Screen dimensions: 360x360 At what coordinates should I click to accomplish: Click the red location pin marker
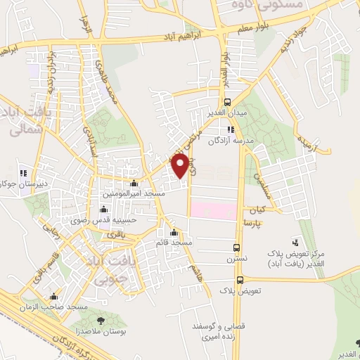point(180,165)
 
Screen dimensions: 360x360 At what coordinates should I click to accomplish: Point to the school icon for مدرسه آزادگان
point(231,129)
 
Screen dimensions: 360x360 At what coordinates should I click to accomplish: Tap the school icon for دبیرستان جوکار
point(24,172)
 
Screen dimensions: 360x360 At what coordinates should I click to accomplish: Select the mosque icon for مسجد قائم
point(174,234)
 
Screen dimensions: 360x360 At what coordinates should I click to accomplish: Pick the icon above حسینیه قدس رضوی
point(105,209)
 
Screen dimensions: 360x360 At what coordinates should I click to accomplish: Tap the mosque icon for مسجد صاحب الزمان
point(54,297)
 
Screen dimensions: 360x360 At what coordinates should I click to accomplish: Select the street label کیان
point(255,210)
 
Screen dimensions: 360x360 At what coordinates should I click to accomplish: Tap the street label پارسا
point(253,221)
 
